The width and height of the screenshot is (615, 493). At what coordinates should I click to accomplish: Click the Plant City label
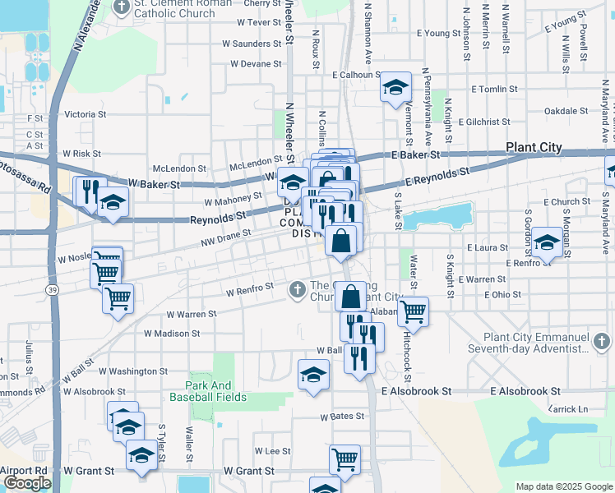point(534,148)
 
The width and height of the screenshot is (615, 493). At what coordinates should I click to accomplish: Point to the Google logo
point(26,483)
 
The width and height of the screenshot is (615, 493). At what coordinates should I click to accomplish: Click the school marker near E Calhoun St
point(395,87)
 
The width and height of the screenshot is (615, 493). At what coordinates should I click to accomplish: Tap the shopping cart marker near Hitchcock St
point(413,311)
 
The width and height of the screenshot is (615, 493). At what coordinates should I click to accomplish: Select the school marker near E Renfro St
point(545,242)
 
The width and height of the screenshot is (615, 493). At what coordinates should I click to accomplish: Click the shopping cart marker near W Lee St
point(344,459)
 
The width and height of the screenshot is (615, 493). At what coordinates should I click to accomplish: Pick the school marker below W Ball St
point(312,376)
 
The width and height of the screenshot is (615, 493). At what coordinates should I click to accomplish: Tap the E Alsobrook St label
point(526,392)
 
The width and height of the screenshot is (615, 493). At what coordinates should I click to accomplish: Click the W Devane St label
point(256,63)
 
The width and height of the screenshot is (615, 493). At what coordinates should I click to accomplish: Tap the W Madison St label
point(172,334)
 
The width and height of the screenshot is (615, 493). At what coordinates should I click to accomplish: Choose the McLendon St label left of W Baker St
point(178,168)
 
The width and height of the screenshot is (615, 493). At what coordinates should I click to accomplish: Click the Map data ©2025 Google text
point(563,486)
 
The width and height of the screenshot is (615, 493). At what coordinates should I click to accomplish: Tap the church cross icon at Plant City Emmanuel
point(601,339)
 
